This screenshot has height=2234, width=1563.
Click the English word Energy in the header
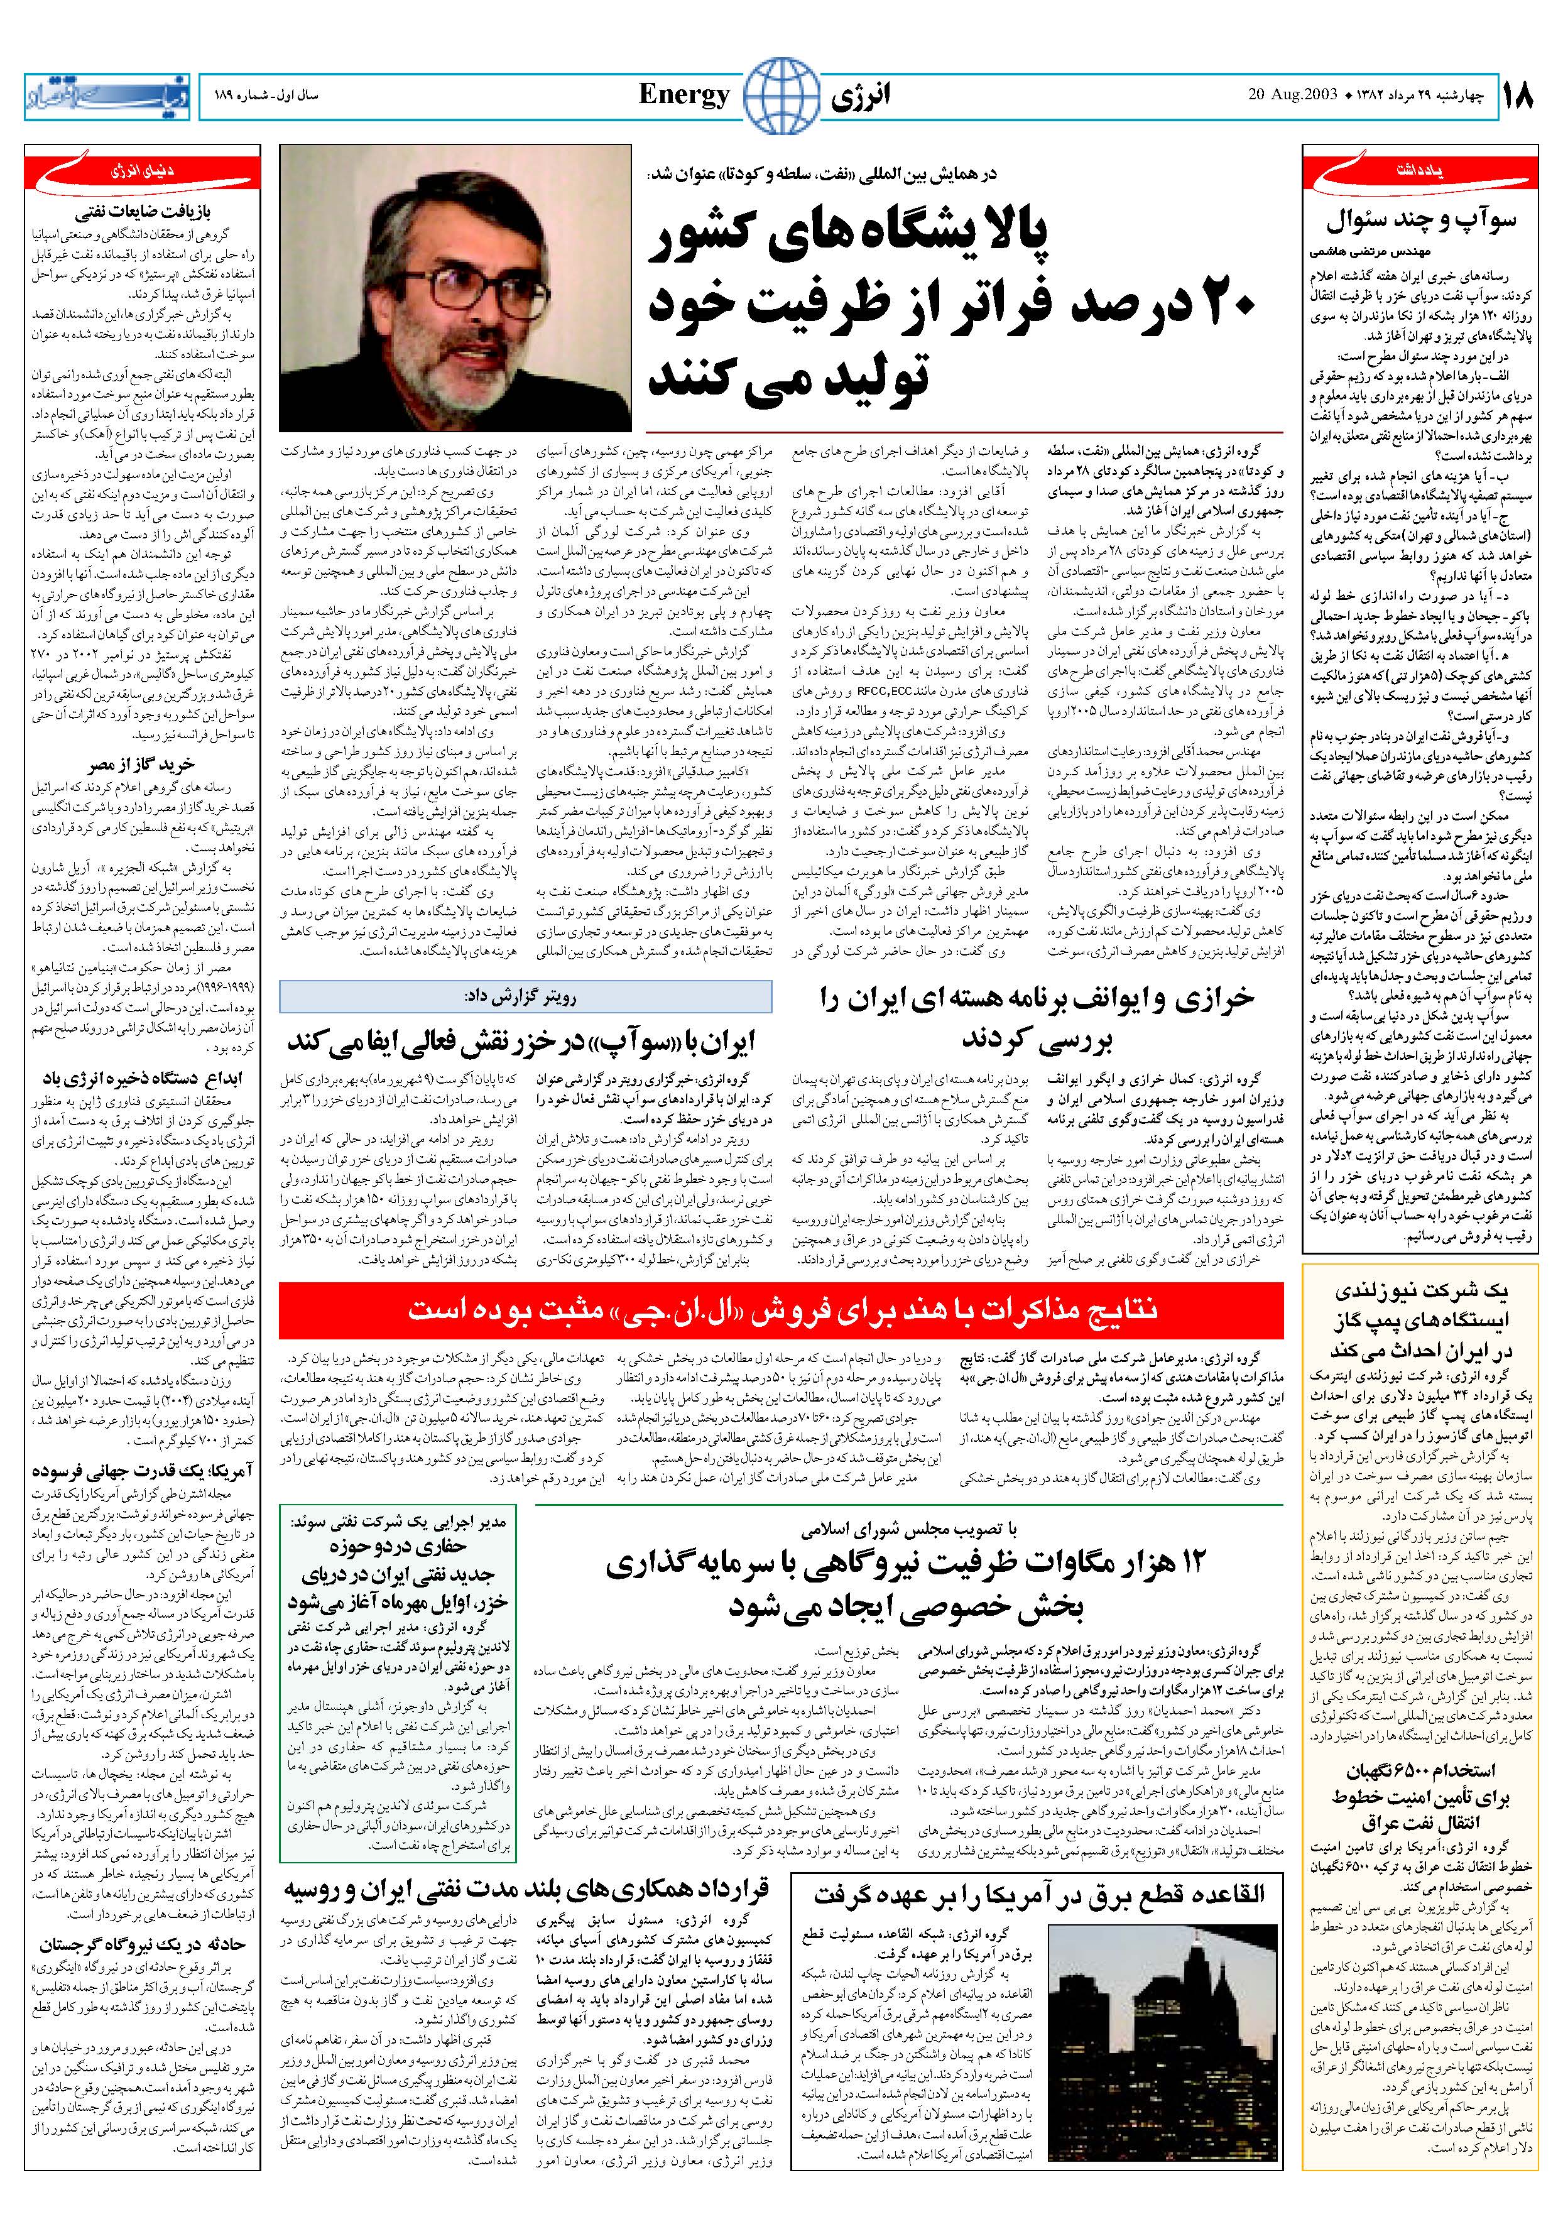click(x=684, y=94)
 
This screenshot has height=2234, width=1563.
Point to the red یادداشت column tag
click(x=1420, y=172)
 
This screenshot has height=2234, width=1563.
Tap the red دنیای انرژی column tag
click(x=143, y=172)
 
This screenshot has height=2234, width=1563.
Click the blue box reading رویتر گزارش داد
click(x=526, y=996)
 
